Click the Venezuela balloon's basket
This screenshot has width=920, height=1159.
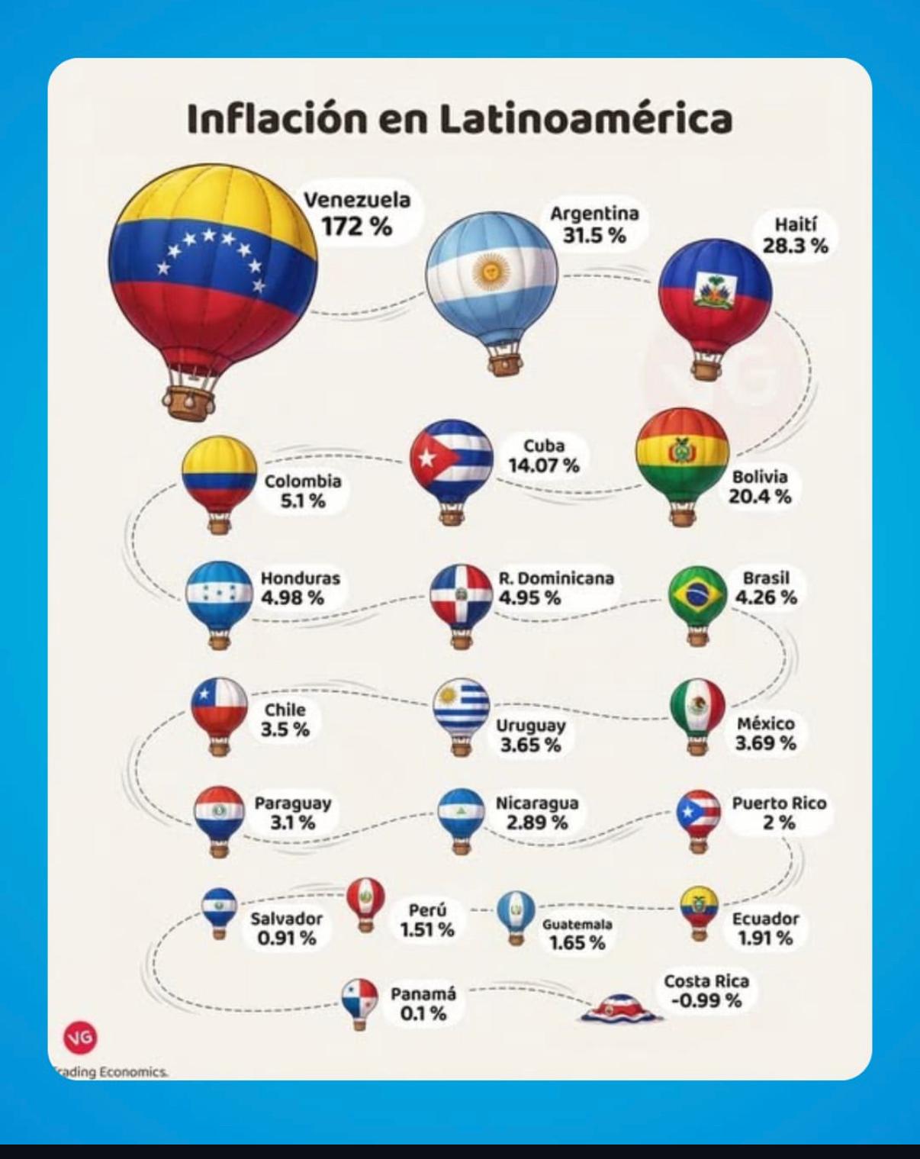tap(188, 402)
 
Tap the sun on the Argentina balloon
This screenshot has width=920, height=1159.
tap(486, 271)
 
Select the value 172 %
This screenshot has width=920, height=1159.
tap(356, 227)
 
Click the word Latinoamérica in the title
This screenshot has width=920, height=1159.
tap(587, 119)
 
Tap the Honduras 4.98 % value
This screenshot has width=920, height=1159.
tap(293, 597)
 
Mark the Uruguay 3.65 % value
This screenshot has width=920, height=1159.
tap(530, 745)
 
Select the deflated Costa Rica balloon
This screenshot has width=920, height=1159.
tap(620, 1007)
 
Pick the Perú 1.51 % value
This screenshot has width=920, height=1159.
tap(427, 929)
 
